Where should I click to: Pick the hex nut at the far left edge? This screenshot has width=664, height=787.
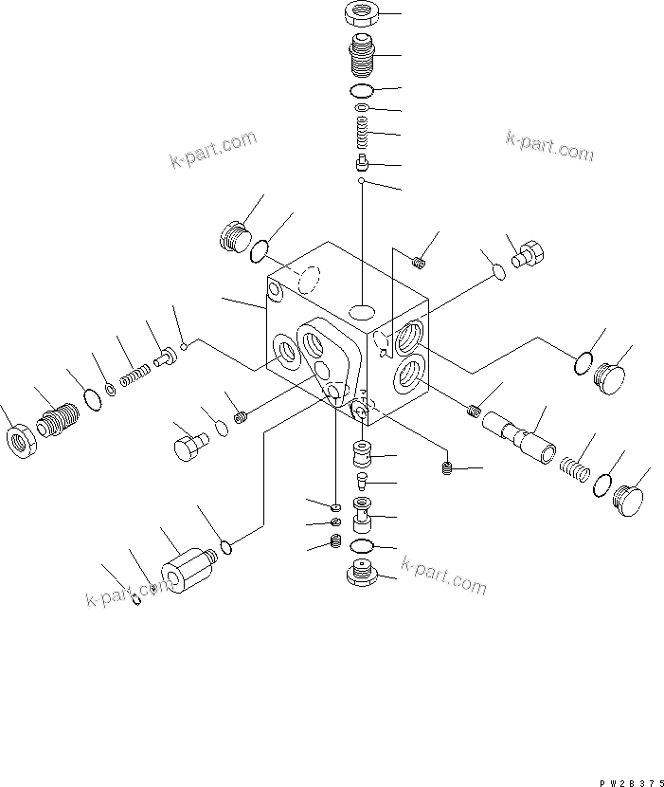click(21, 443)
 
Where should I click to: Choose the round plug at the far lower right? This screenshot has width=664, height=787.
click(628, 498)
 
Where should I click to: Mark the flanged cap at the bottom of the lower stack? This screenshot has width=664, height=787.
click(361, 576)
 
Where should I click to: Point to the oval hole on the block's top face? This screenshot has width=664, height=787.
click(361, 312)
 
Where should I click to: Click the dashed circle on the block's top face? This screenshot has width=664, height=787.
click(306, 279)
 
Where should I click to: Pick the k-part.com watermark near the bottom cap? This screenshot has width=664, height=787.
click(443, 577)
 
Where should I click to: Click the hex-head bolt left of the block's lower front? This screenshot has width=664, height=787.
click(191, 445)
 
